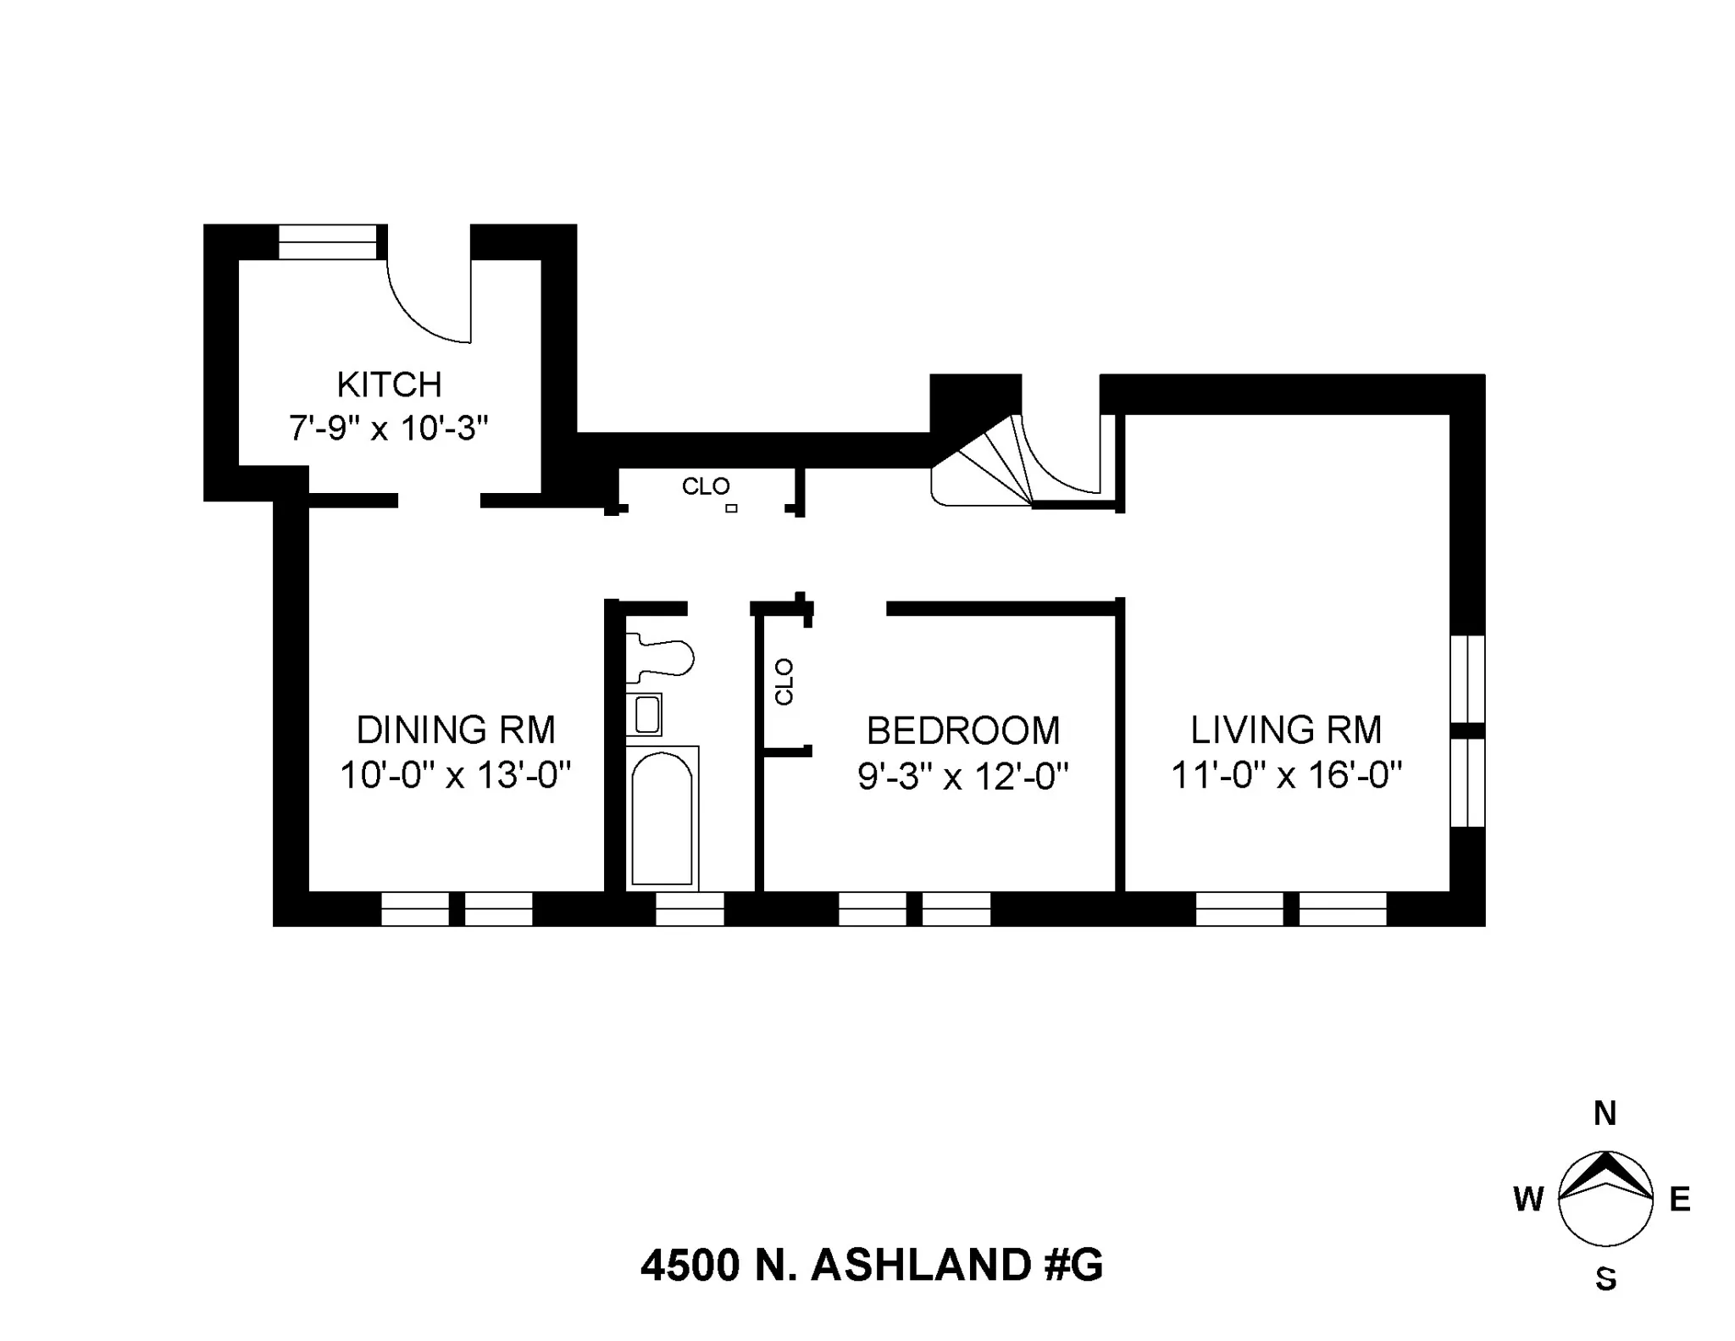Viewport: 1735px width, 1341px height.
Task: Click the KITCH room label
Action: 389,385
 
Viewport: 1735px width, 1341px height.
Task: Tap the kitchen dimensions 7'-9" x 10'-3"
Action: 389,429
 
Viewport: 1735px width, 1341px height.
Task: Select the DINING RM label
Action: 456,730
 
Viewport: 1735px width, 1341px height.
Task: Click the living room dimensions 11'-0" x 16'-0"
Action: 1286,775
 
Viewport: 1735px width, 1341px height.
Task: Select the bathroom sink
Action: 646,714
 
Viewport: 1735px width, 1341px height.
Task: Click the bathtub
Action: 662,817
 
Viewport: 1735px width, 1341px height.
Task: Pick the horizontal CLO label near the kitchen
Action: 706,487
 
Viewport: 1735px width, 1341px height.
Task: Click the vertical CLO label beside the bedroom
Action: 784,682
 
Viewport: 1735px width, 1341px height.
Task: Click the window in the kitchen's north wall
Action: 328,241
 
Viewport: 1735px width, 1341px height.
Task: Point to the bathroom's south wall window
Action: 690,910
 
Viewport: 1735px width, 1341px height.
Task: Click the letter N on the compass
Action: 1605,1113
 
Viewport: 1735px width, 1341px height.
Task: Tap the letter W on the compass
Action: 1528,1200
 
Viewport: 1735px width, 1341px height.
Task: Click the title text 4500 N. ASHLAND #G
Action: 872,1266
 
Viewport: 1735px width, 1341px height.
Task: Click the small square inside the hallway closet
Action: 731,508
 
